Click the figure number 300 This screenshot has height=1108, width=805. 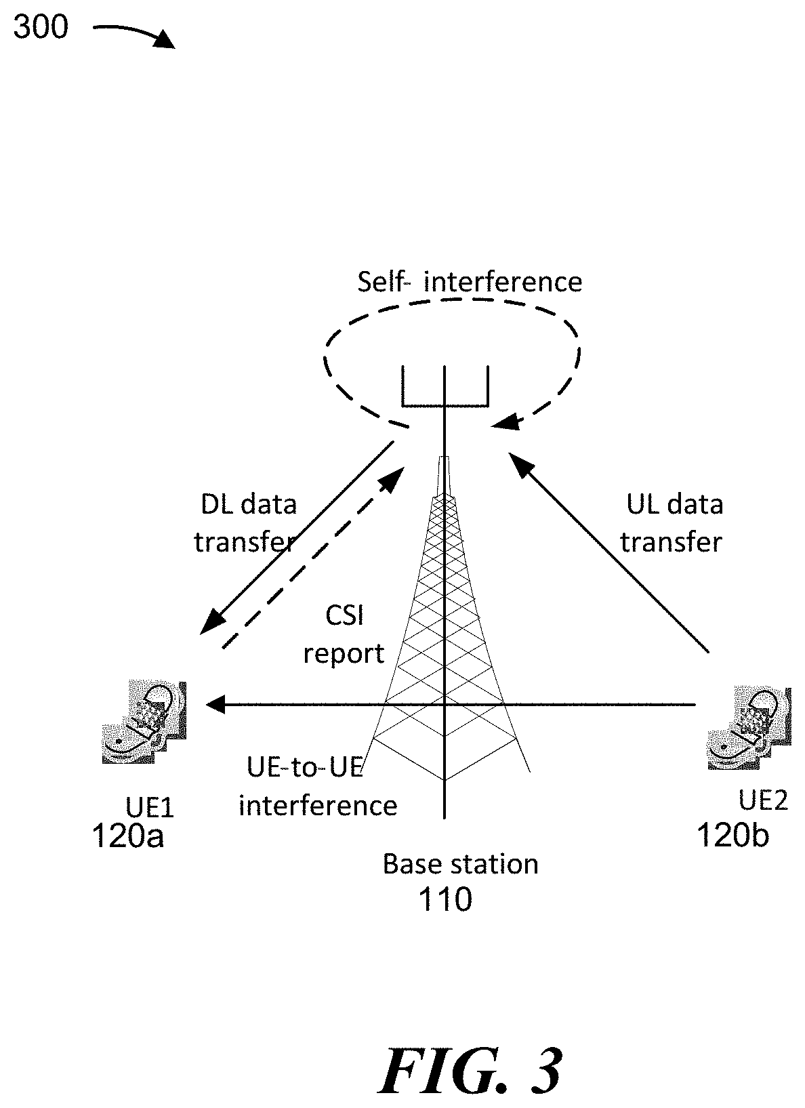coord(41,26)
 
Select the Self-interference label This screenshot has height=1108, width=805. coord(470,282)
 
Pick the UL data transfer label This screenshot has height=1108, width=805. coord(672,523)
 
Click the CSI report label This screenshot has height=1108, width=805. coord(344,634)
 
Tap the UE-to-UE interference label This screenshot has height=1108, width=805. coord(318,787)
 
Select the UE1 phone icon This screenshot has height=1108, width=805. coord(144,722)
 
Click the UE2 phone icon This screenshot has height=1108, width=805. coord(749,728)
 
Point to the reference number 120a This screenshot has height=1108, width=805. coord(127,836)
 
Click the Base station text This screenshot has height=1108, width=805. coord(461,864)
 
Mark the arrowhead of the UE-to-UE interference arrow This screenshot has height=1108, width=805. coord(215,704)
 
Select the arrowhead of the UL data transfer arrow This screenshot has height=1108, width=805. coord(520,464)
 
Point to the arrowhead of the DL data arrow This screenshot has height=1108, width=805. coord(211,622)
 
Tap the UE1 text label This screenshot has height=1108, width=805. coord(150,808)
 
